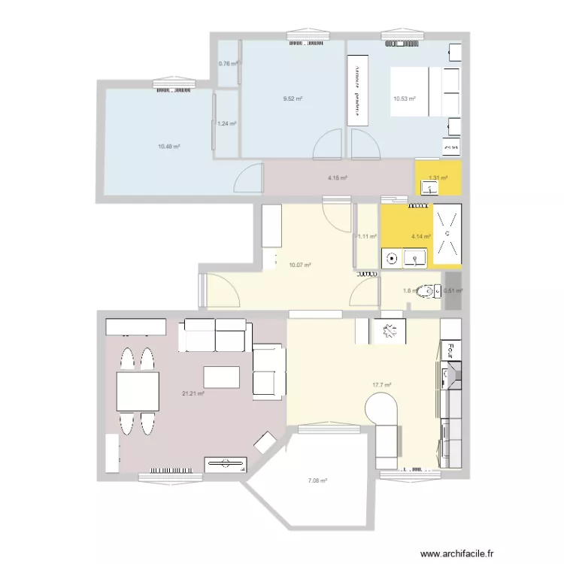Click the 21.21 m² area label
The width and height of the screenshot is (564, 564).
tap(193, 393)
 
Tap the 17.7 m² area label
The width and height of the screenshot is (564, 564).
tap(382, 385)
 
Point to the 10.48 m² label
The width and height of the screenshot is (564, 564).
tap(169, 147)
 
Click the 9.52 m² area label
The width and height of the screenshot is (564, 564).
tap(293, 99)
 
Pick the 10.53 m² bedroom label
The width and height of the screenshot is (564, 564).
tap(404, 99)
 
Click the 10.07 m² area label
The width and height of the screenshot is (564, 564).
tap(299, 265)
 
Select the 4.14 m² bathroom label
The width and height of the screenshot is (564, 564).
tap(420, 236)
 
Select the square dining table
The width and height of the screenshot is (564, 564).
tap(138, 391)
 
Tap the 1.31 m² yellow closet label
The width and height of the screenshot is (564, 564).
tap(438, 178)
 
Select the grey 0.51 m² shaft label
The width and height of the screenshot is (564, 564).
tap(453, 291)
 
